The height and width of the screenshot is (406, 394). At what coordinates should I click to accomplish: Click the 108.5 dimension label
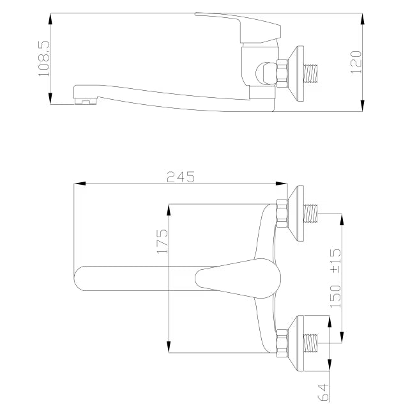pyautogui.click(x=43, y=58)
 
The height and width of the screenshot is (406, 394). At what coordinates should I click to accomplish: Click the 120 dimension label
pyautogui.click(x=356, y=63)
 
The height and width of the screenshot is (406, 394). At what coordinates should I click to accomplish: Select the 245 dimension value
pyautogui.click(x=181, y=177)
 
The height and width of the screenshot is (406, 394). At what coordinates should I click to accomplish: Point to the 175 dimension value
pyautogui.click(x=162, y=241)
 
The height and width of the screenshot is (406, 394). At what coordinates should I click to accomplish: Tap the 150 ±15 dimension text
pyautogui.click(x=336, y=278)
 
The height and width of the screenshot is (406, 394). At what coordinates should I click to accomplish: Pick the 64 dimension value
pyautogui.click(x=323, y=392)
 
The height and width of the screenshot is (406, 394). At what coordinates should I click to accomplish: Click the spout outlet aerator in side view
pyautogui.click(x=86, y=101)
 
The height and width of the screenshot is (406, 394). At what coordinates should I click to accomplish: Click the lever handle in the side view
pyautogui.click(x=238, y=27)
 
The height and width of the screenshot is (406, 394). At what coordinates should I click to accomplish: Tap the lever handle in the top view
pyautogui.click(x=238, y=278)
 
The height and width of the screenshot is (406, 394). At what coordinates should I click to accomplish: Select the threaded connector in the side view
pyautogui.click(x=310, y=74)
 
